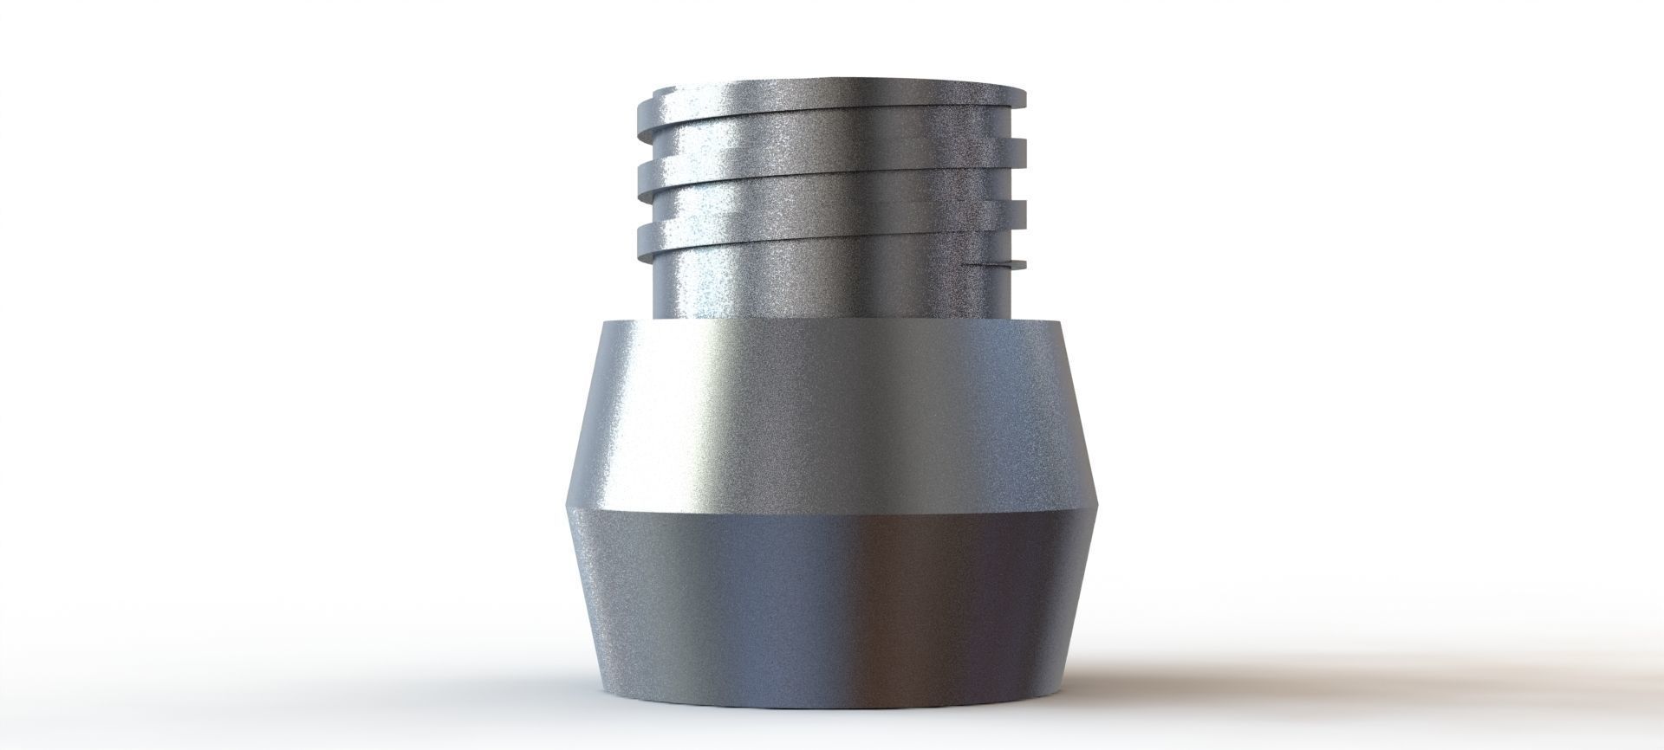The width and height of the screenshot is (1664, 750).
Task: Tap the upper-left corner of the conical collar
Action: point(602,322)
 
